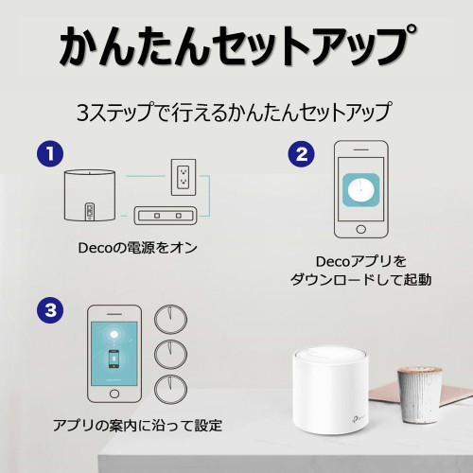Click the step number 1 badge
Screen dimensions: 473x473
coord(50,154)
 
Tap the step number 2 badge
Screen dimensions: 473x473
coord(302,154)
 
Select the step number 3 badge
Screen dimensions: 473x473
coord(50,310)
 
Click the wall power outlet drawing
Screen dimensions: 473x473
coord(184,177)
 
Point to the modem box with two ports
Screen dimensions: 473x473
coord(166,216)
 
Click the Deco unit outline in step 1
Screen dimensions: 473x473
coord(90,195)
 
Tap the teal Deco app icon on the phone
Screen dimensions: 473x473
coord(360,190)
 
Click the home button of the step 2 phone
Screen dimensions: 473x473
coord(360,229)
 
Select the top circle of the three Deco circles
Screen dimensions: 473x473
coord(170,320)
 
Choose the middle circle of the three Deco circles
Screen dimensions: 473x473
coord(170,355)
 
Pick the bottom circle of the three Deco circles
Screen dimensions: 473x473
coord(170,390)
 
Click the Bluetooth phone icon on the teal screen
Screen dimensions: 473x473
coord(114,359)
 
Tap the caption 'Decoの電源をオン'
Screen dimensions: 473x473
coord(137,248)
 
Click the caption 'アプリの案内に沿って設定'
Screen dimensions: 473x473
coord(137,426)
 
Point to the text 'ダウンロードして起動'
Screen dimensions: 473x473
coord(360,280)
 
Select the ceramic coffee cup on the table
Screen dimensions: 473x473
coord(419,394)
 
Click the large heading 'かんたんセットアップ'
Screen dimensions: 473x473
coord(236,45)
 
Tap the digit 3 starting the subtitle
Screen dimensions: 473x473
coord(82,113)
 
